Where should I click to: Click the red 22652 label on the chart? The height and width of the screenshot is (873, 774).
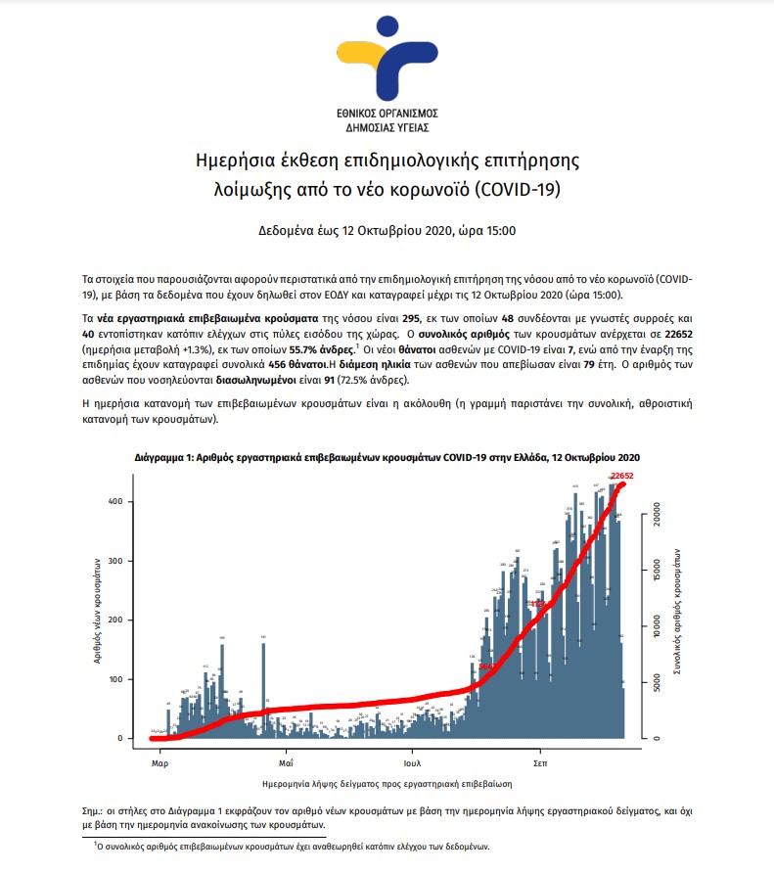[x=623, y=476]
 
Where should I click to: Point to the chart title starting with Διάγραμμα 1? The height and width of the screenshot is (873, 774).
[x=387, y=458]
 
